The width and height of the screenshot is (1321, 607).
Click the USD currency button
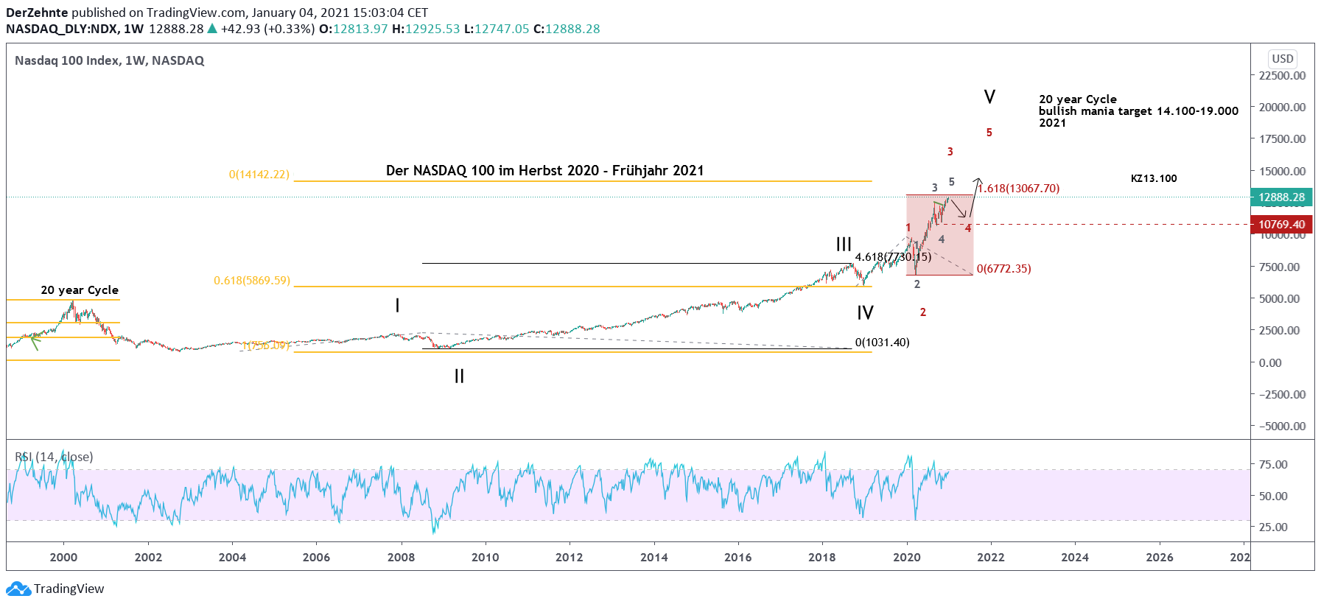point(1282,59)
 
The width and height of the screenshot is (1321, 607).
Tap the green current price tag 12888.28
point(1281,197)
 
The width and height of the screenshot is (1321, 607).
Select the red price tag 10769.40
point(1281,225)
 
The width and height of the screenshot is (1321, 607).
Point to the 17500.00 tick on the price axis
point(1282,139)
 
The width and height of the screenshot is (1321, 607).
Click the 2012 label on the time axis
point(569,558)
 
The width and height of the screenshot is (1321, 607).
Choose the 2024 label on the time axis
point(1074,558)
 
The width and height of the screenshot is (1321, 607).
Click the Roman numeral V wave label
point(989,97)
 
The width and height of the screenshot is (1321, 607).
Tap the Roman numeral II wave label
point(459,376)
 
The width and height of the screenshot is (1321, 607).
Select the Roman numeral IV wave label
point(865,313)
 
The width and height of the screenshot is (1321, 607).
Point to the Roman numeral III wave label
point(844,245)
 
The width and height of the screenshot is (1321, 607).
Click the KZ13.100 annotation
point(1154,179)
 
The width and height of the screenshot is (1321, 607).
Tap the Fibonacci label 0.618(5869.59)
point(252,281)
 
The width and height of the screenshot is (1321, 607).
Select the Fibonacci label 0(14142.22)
point(259,175)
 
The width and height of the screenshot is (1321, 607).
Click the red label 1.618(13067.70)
point(1020,189)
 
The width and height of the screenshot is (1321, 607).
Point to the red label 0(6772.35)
point(1003,269)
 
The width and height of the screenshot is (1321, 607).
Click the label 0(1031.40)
point(882,343)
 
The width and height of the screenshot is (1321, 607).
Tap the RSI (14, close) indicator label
point(54,457)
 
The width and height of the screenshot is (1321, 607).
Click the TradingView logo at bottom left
point(55,589)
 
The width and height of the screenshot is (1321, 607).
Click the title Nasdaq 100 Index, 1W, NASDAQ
point(109,61)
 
